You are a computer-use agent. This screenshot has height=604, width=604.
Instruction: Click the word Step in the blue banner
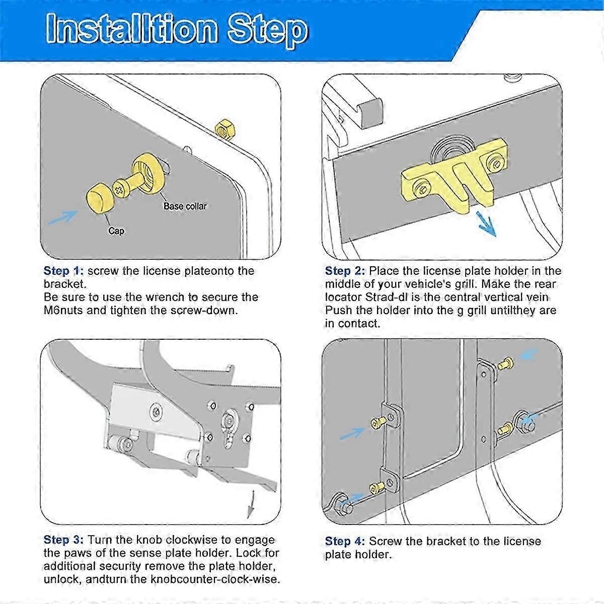tap(267, 31)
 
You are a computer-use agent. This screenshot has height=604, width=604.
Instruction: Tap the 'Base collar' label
tap(185, 206)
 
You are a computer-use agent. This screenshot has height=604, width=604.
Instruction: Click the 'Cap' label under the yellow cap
tap(116, 231)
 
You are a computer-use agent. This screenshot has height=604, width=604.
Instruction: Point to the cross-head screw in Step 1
tap(121, 189)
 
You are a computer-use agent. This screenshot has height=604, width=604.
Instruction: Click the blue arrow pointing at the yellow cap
tap(63, 217)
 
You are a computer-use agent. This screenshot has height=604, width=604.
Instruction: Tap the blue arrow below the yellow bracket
tap(486, 223)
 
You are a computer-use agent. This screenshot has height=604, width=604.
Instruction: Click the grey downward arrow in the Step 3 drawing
tap(251, 504)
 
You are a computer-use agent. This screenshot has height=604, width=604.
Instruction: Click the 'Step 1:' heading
tap(63, 271)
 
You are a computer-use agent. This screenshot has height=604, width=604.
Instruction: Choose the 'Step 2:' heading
tap(345, 271)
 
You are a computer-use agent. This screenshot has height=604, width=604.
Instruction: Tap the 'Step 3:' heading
tap(63, 540)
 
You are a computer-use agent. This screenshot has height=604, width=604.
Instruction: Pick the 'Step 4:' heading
tap(345, 541)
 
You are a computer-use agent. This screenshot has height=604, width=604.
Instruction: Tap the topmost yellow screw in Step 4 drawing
tap(505, 364)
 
